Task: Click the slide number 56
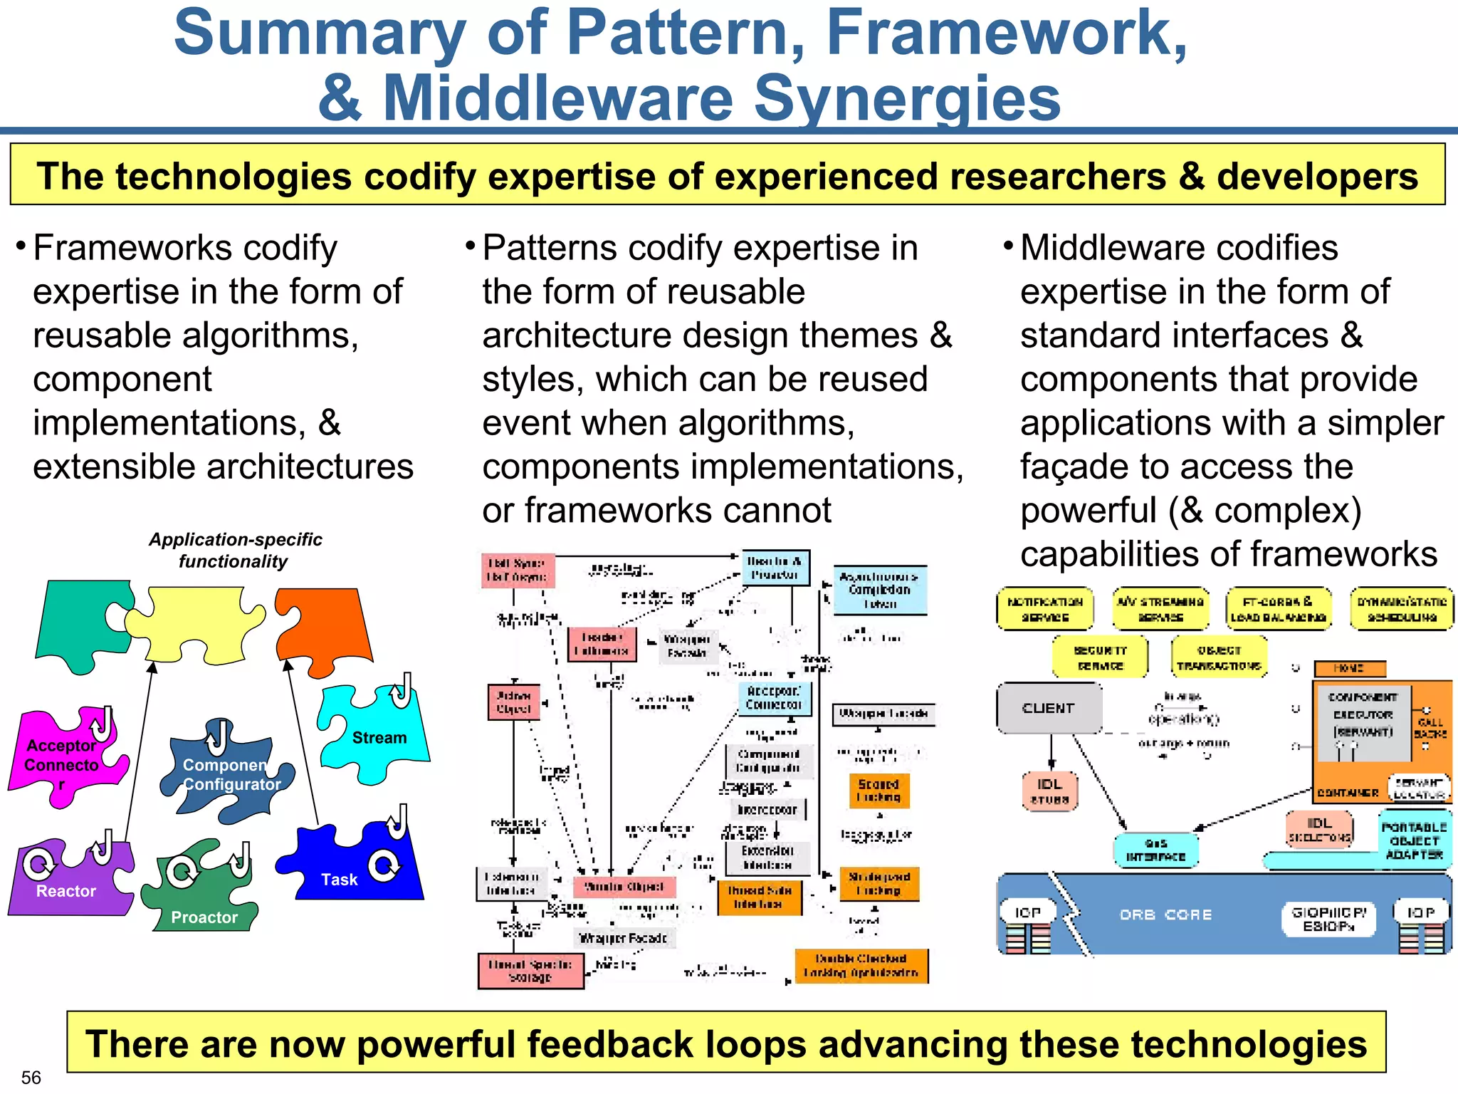click(31, 1077)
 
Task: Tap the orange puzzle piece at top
click(324, 627)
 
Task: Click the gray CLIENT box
click(1049, 708)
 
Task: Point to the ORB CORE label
click(1165, 915)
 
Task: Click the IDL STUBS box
click(1049, 791)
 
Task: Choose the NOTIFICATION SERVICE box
click(1044, 610)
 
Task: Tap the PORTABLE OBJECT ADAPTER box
click(1414, 840)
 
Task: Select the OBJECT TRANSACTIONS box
click(1219, 658)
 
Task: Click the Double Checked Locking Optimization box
click(861, 966)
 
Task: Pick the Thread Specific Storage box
click(530, 971)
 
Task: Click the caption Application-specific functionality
click(235, 551)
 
